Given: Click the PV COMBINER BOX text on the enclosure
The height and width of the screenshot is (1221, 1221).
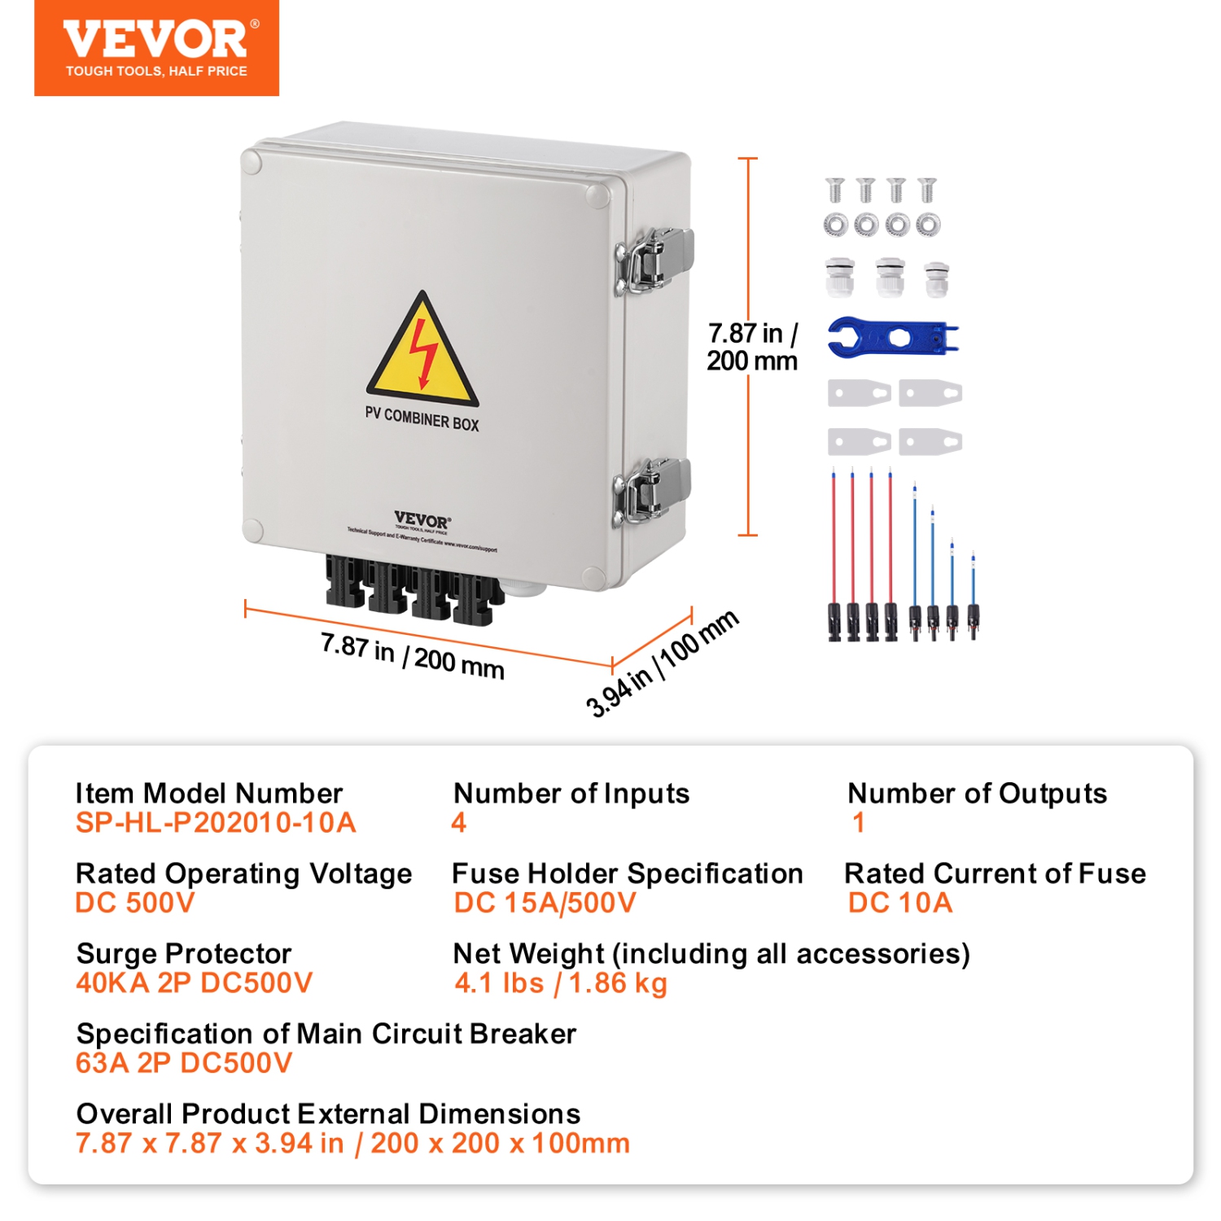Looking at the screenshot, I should [x=422, y=418].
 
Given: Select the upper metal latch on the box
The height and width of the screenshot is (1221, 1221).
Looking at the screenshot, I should [x=654, y=258].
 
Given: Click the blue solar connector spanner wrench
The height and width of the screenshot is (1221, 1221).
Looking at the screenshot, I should [x=892, y=337].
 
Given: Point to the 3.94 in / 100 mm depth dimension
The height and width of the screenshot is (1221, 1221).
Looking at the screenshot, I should [x=662, y=663].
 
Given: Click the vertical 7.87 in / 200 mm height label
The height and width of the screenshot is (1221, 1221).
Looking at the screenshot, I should [x=751, y=347].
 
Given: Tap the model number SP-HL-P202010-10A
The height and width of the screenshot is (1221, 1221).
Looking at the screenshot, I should [x=216, y=823].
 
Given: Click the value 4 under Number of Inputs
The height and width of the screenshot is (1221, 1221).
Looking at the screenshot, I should [x=459, y=823].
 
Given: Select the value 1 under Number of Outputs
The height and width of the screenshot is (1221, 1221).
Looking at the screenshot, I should [x=858, y=823].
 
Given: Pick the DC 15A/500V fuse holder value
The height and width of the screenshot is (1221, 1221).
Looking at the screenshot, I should [x=545, y=903].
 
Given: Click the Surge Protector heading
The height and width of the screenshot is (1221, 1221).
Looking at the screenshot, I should [x=184, y=953].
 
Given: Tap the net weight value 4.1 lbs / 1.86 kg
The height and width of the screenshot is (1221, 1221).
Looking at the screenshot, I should [x=561, y=983].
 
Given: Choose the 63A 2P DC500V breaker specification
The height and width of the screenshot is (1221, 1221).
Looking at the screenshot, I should [x=184, y=1063].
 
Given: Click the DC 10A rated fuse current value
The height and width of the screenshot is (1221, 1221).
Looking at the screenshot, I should [x=900, y=903].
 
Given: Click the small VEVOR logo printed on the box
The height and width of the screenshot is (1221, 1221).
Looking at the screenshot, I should [x=422, y=520].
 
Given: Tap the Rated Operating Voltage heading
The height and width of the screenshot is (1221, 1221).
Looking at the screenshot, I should [x=243, y=873].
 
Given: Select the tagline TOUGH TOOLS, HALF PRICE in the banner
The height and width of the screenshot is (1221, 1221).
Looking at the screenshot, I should [x=156, y=72].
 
